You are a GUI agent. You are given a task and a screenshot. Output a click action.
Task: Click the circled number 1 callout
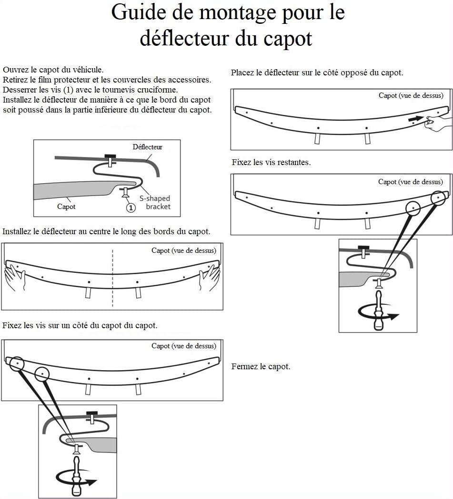point(131,208)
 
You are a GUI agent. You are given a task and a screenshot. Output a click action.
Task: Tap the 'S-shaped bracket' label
point(155,202)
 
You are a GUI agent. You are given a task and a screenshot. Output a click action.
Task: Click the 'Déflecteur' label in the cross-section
point(147,147)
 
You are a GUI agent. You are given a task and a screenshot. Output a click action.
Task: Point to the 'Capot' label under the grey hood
point(66,207)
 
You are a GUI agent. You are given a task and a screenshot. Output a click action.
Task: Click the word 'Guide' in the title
point(139,12)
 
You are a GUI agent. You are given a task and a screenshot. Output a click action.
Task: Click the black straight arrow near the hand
point(416,118)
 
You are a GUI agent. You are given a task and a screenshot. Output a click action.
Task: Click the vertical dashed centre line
point(112,278)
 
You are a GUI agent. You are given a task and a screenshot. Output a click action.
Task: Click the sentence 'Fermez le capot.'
point(261,366)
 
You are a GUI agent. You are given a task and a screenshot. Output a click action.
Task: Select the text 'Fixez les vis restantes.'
point(271,162)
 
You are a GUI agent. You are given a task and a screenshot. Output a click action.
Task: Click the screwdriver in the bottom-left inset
point(76,476)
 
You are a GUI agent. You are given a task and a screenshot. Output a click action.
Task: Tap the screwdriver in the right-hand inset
point(378,311)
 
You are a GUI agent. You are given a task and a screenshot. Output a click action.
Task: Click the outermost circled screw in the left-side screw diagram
point(17,364)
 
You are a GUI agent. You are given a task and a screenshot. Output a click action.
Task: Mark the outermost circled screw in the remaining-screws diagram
point(438,198)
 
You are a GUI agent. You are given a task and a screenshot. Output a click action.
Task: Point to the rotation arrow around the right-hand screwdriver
point(378,312)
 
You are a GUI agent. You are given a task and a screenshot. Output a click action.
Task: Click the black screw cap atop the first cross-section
point(110,156)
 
